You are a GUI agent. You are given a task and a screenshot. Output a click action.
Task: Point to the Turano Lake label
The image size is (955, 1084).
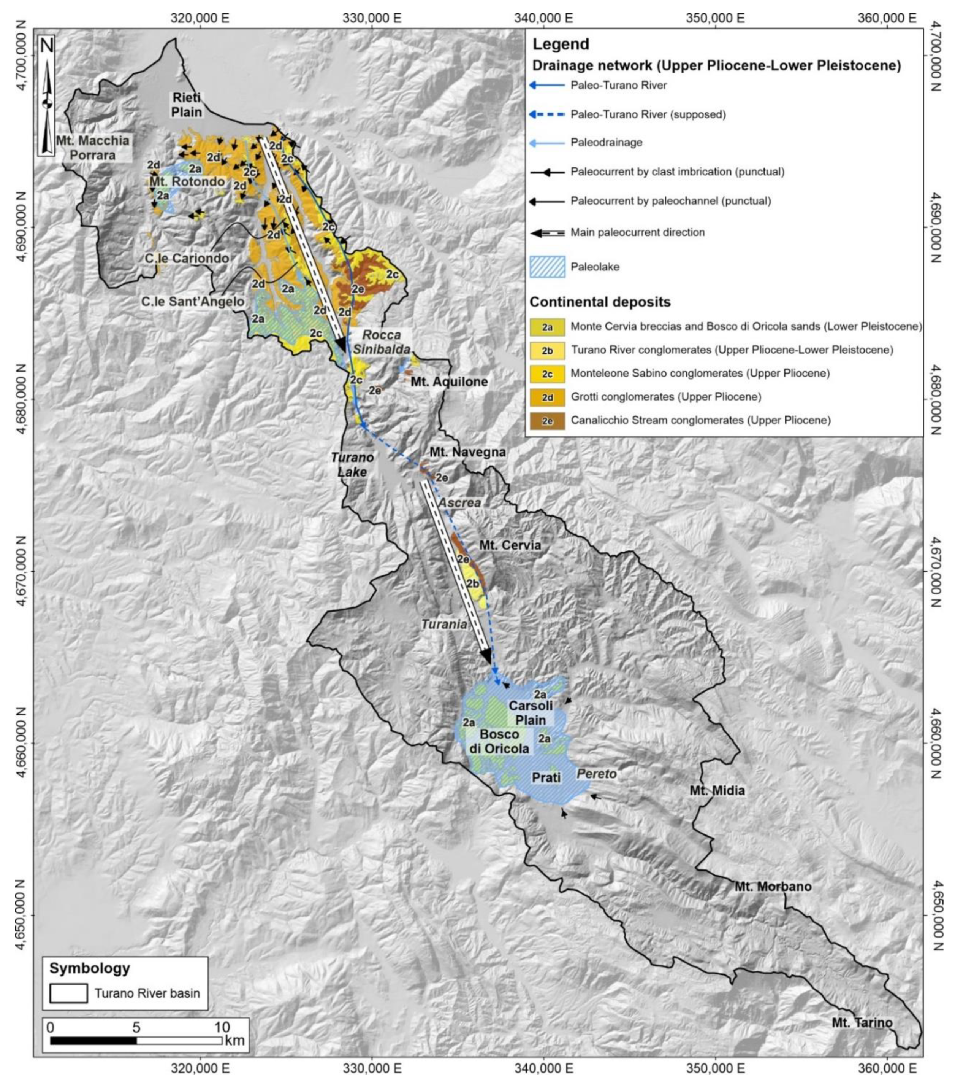352,464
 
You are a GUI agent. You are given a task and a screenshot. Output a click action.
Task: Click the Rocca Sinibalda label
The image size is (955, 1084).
381,342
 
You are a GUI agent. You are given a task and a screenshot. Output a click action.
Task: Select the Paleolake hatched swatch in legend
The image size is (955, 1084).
547,267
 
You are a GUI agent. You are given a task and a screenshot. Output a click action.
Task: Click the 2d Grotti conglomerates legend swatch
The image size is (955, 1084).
547,397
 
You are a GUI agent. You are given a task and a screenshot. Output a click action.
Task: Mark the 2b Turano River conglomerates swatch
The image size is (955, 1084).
547,350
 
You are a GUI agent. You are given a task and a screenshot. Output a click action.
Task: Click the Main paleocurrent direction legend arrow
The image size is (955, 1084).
547,232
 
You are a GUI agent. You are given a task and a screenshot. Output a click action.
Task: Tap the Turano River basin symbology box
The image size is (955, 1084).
68,993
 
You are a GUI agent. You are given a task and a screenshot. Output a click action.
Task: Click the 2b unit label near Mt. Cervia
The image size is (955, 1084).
473,583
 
